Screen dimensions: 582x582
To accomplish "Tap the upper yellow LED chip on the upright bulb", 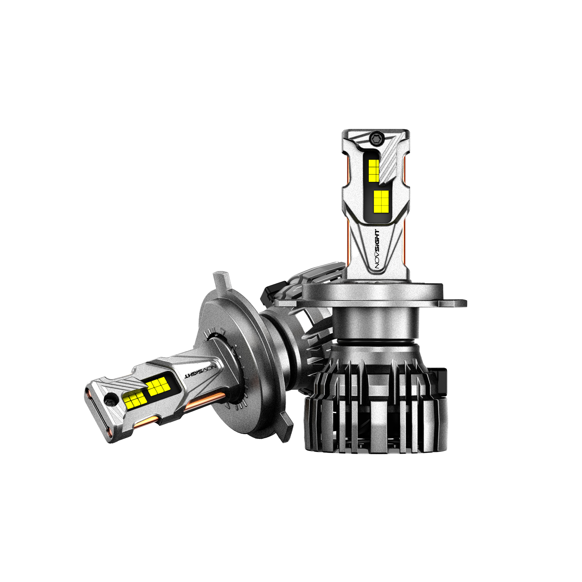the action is click(x=374, y=171).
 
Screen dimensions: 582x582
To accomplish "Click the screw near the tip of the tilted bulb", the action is click(x=109, y=400).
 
